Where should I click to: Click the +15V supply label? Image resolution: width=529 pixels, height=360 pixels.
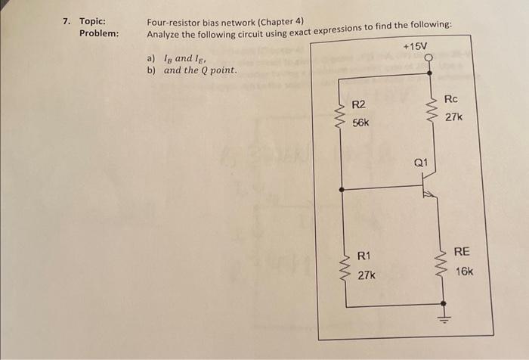tap(415, 46)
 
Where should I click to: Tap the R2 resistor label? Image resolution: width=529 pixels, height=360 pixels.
tap(359, 104)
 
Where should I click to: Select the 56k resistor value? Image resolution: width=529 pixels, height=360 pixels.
tap(360, 122)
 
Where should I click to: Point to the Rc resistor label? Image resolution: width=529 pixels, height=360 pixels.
tap(451, 100)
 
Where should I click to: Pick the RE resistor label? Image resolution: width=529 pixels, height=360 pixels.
tap(462, 252)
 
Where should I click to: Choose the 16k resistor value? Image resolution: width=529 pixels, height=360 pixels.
tap(464, 270)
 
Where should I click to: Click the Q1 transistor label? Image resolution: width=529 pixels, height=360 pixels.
tap(421, 162)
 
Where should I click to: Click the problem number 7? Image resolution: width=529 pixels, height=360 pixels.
tap(67, 20)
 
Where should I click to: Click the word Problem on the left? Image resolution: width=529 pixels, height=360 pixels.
tap(99, 34)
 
